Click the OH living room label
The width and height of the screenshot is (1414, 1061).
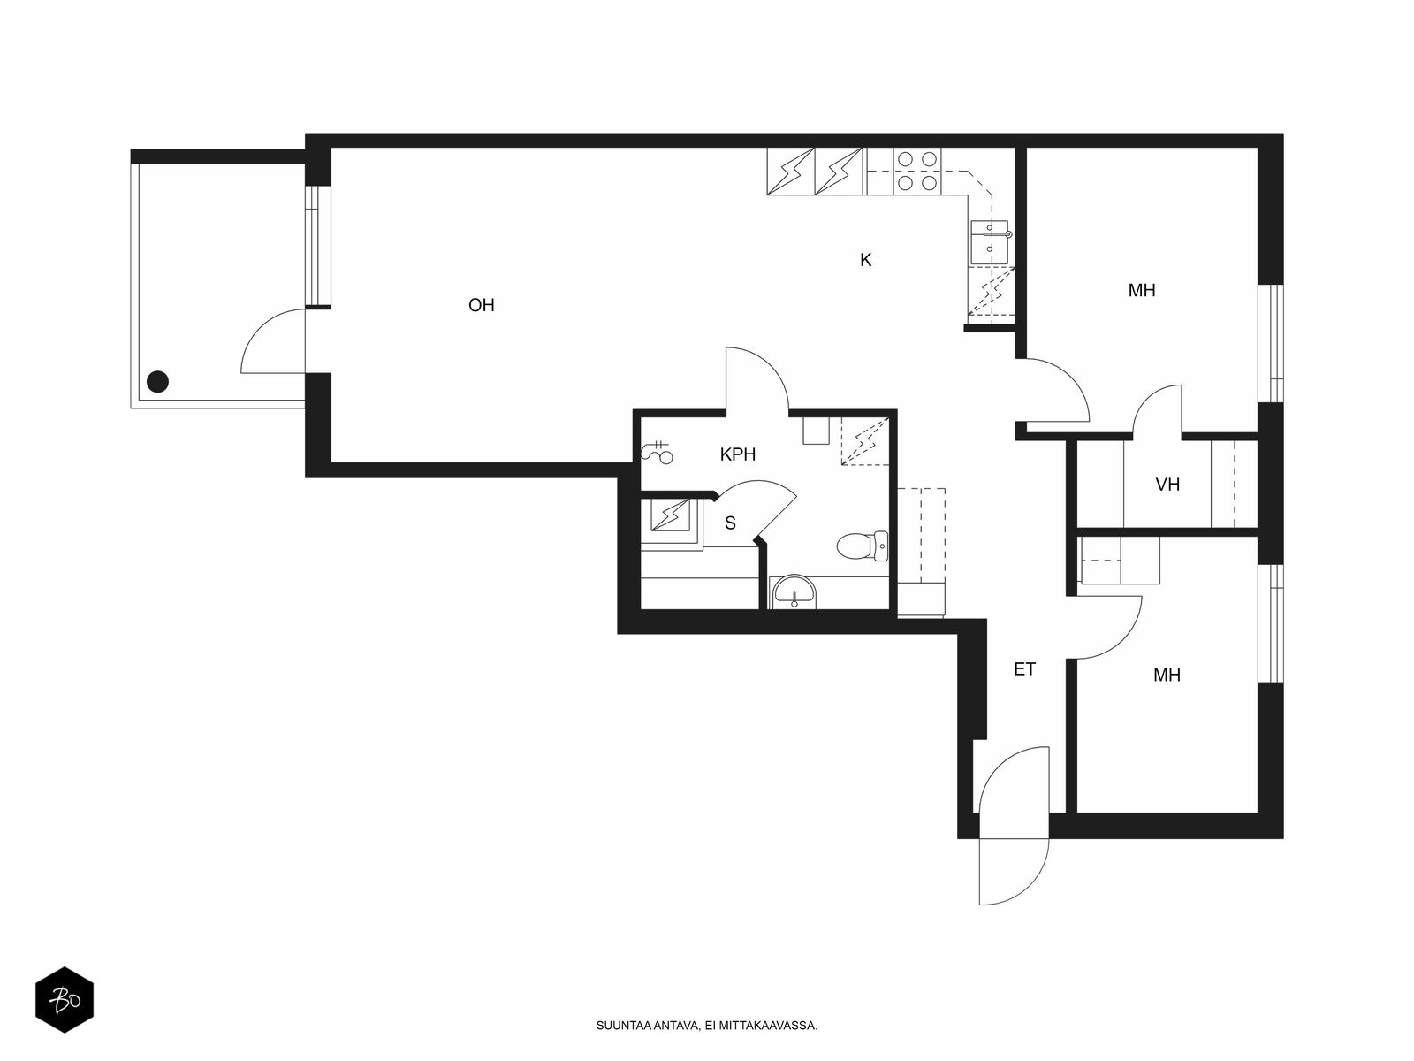(482, 305)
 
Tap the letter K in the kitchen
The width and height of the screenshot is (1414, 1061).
(866, 260)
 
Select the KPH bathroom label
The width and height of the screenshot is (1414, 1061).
(738, 454)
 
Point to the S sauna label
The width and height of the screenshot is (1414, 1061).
(730, 523)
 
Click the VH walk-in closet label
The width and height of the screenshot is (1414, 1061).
(1167, 485)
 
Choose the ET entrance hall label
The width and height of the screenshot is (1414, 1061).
(1024, 669)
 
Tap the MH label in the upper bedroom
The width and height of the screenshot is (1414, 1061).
(1142, 291)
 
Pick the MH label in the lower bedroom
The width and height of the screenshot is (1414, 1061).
(1167, 676)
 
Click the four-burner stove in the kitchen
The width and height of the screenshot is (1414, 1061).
(916, 172)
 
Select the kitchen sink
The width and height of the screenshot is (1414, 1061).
(990, 242)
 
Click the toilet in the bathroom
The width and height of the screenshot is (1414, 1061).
(862, 546)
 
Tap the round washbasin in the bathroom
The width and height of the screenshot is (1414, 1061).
(794, 592)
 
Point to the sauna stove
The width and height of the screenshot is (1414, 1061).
(672, 516)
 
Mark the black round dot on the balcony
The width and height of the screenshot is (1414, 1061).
(158, 382)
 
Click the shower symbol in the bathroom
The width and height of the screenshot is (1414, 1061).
(658, 452)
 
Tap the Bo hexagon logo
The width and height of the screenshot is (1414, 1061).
(65, 1000)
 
